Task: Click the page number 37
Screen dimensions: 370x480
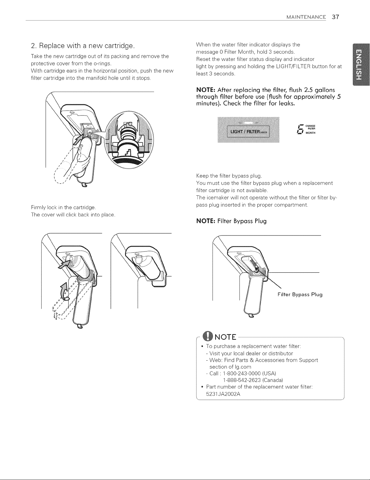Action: point(335,17)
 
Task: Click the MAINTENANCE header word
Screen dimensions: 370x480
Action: point(306,17)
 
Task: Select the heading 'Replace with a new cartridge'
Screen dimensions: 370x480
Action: point(87,46)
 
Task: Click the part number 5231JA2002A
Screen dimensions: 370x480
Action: point(223,394)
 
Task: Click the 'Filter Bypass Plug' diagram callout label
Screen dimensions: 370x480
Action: point(300,294)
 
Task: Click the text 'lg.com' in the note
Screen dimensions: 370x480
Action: point(240,367)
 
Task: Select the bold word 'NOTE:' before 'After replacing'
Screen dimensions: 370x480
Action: point(206,90)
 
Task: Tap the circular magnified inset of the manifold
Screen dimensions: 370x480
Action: point(129,140)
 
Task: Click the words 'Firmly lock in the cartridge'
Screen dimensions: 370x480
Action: point(63,208)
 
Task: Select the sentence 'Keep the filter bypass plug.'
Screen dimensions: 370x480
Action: point(229,176)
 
